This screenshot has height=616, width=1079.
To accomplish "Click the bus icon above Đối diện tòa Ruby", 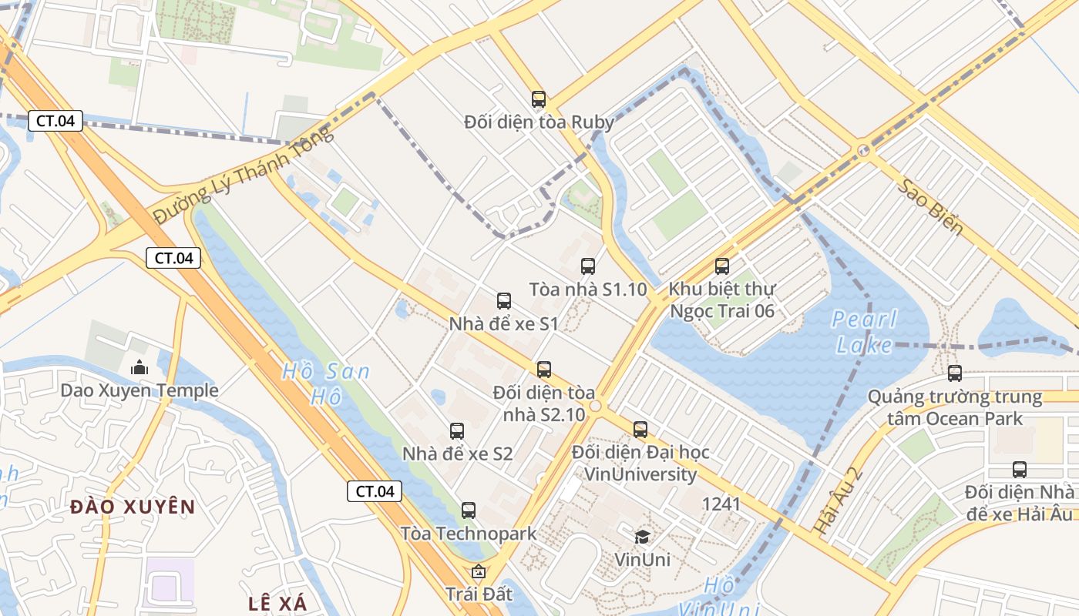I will pos(539,99).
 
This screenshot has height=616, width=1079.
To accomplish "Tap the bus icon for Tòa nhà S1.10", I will pos(588,266).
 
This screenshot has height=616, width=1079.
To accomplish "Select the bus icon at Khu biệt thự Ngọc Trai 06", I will pos(722,266).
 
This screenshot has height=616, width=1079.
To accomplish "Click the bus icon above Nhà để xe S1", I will pos(504,301).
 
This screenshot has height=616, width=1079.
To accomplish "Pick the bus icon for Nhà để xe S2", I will pos(457,431).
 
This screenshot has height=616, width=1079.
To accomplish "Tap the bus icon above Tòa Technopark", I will pos(469,510).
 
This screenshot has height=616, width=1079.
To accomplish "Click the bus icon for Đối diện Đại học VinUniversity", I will pos(640,429).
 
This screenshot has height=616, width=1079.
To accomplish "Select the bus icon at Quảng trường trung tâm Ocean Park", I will pos(955,373).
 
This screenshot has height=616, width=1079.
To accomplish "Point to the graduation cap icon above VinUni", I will pos(642,537).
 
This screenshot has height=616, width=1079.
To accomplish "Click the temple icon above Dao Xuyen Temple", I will pos(139,367).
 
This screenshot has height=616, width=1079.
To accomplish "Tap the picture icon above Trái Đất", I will pos(479,571).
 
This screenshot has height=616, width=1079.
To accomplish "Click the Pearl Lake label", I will pos(865,331).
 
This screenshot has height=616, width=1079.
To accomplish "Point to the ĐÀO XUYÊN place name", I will pos(133,507).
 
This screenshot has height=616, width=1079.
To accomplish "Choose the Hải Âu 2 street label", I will pos(839,500).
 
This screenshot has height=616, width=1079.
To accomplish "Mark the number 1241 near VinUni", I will pos(721,504).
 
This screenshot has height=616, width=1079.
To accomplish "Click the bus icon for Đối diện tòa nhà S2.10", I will pos(544,370).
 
